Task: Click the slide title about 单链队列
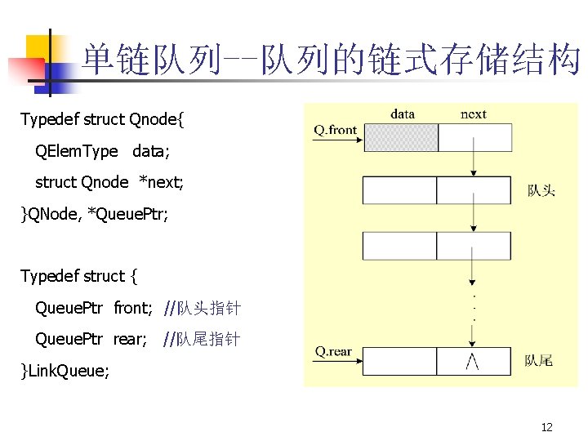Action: [331, 60]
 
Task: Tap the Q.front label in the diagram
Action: [335, 129]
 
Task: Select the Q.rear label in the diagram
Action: [333, 352]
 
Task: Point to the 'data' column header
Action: [402, 114]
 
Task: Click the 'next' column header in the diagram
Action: [474, 114]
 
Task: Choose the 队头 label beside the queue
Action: [541, 190]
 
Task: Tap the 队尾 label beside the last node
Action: [538, 360]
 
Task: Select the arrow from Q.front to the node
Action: [337, 140]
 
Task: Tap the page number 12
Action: [547, 427]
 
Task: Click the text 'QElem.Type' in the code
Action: [77, 151]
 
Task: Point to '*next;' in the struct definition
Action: [162, 182]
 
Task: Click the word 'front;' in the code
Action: [133, 308]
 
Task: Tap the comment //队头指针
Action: [202, 308]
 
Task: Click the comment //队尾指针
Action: [202, 339]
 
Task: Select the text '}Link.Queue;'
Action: [65, 372]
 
